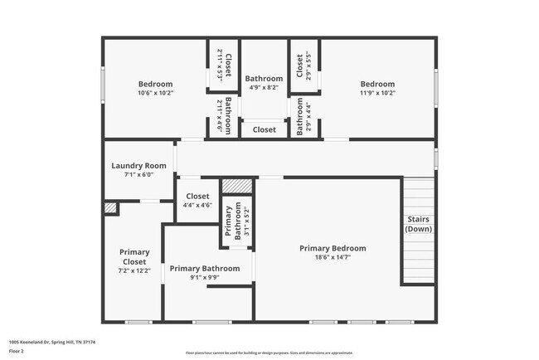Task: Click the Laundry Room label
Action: coord(138,165)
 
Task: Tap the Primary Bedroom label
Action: coord(333,248)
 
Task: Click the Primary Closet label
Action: coord(134,256)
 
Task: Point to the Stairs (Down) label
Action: coord(418,224)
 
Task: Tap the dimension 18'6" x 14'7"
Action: coord(333,257)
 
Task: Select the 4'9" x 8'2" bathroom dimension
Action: coord(265,88)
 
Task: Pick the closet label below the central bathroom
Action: coord(265,129)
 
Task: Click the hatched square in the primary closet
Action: coord(109,207)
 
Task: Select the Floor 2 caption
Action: coord(17,350)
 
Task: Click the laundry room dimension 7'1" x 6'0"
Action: coord(138,174)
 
